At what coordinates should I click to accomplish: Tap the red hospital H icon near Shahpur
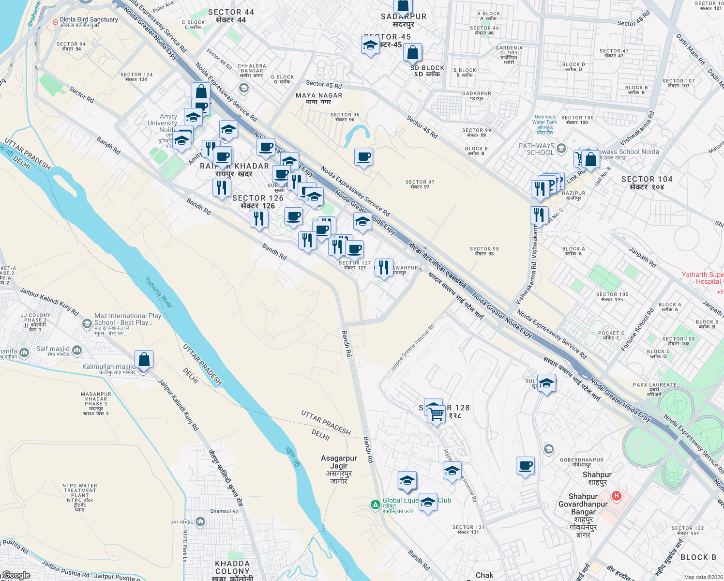pyautogui.click(x=617, y=496)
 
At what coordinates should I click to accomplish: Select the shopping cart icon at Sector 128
pyautogui.click(x=437, y=415)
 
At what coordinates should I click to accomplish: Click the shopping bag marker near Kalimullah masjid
pyautogui.click(x=144, y=360)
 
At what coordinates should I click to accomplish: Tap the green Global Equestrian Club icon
pyautogui.click(x=375, y=505)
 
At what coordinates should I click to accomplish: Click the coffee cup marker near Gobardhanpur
pyautogui.click(x=526, y=466)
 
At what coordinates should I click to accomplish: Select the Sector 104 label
pyautogui.click(x=647, y=183)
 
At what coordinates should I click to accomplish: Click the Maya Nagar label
pyautogui.click(x=319, y=98)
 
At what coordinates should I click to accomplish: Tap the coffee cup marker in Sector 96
pyautogui.click(x=363, y=157)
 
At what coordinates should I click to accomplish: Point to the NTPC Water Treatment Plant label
pyautogui.click(x=80, y=497)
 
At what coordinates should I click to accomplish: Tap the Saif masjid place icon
pyautogui.click(x=76, y=350)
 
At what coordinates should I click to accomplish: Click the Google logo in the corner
pyautogui.click(x=16, y=575)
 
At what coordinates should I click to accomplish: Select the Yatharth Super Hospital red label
pyautogui.click(x=703, y=278)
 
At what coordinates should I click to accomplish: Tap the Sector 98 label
pyautogui.click(x=484, y=251)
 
